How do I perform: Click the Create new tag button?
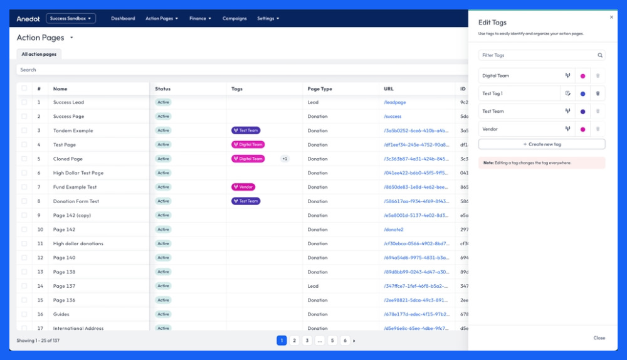click(x=542, y=144)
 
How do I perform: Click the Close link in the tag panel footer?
click(x=599, y=338)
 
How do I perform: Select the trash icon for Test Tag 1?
click(x=598, y=93)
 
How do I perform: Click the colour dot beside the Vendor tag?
click(x=583, y=129)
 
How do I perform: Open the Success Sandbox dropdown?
click(x=71, y=19)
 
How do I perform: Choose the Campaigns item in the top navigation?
click(x=234, y=19)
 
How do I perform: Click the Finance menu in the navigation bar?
click(x=200, y=19)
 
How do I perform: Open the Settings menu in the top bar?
click(x=268, y=19)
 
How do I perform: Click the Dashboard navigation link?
click(x=123, y=19)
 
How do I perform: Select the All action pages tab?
click(x=39, y=55)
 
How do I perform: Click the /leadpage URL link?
click(x=394, y=102)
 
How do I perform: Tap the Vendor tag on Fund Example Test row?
click(x=243, y=187)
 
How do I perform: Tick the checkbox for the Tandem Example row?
click(x=24, y=130)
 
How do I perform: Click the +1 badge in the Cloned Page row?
click(x=285, y=159)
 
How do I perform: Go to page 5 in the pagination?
click(x=332, y=341)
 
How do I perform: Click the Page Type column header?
click(x=320, y=89)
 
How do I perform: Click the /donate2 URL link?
click(x=394, y=230)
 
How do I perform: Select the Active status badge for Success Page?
click(x=163, y=117)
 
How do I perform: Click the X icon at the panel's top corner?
click(x=612, y=17)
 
